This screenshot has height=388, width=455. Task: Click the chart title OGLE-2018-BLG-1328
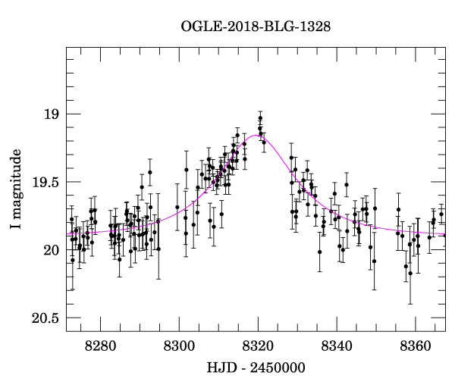(256, 27)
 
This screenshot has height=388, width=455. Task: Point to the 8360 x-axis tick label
(416, 346)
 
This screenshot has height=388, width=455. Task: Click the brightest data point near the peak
(260, 118)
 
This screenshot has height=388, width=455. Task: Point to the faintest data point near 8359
(410, 273)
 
